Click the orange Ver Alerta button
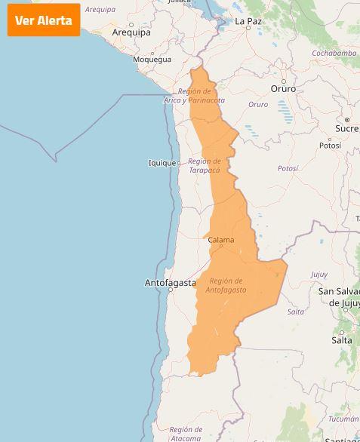[x=44, y=20]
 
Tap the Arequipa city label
[x=131, y=32]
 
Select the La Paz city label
[x=248, y=22]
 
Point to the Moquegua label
[x=152, y=59]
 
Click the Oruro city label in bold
[x=284, y=89]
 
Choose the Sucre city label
[x=347, y=128]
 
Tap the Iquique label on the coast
[x=162, y=163]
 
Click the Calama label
[x=221, y=241]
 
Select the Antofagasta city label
[x=170, y=284]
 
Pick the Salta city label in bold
[x=342, y=340]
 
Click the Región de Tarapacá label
[x=205, y=165]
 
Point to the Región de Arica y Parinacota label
[x=195, y=96]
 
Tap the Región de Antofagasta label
[x=226, y=285]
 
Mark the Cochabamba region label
[x=334, y=54]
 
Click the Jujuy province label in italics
[x=319, y=275]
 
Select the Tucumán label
[x=343, y=419]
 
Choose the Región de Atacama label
[x=186, y=433]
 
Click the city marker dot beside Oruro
[x=284, y=80]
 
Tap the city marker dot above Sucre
[x=347, y=119]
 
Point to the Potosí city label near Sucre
[x=330, y=146]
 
